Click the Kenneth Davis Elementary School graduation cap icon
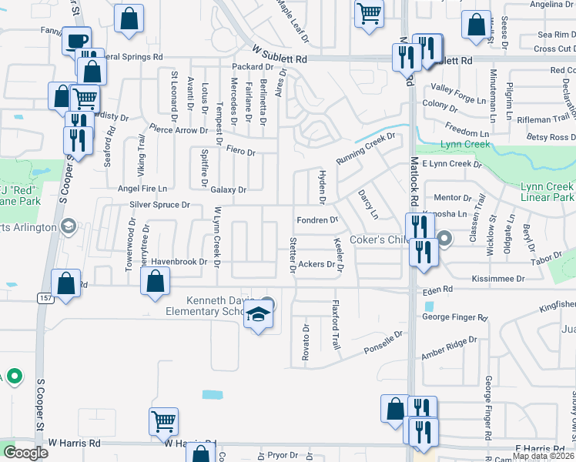[x=259, y=315]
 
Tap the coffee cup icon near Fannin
[x=76, y=41]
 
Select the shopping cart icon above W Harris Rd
[x=164, y=420]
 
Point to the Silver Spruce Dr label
[x=159, y=205]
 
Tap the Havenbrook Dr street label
[x=179, y=262]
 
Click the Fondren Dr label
[x=317, y=220]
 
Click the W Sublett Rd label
[x=280, y=58]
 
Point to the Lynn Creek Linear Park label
[x=548, y=192]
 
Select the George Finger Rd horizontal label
[x=454, y=317]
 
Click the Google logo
[x=25, y=452]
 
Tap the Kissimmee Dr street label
[x=498, y=278]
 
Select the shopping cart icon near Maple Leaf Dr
[x=370, y=13]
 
